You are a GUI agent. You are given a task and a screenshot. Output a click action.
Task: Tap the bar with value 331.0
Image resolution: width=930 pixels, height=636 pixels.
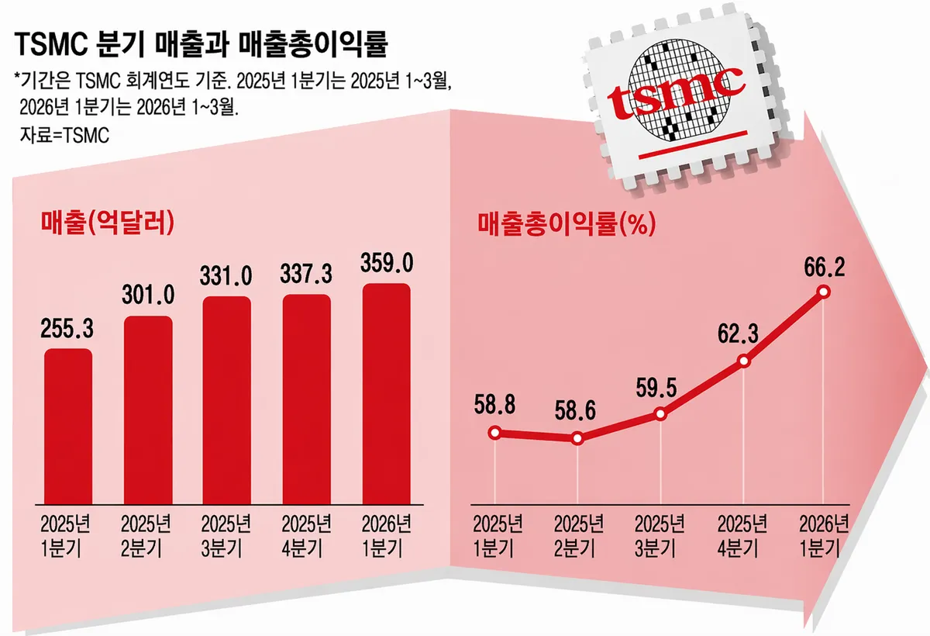pos(226,399)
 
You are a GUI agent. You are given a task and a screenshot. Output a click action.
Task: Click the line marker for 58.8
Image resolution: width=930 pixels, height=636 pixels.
pos(495,433)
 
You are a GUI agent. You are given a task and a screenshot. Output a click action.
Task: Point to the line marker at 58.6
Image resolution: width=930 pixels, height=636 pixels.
pos(577,438)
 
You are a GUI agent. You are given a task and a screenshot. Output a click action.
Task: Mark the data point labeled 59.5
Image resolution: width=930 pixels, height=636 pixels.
pos(660,413)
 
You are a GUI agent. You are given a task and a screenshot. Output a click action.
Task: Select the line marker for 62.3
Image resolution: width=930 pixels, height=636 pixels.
pos(743,361)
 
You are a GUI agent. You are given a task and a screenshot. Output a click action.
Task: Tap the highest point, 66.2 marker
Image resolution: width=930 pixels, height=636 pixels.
pos(823,292)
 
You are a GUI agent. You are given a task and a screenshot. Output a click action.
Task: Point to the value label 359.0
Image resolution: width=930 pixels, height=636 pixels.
pos(386,264)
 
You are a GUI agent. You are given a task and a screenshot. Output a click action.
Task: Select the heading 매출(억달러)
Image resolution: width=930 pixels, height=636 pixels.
pos(105,224)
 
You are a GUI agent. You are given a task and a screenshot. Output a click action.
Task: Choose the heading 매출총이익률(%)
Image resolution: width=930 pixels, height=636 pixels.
pos(565,224)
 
